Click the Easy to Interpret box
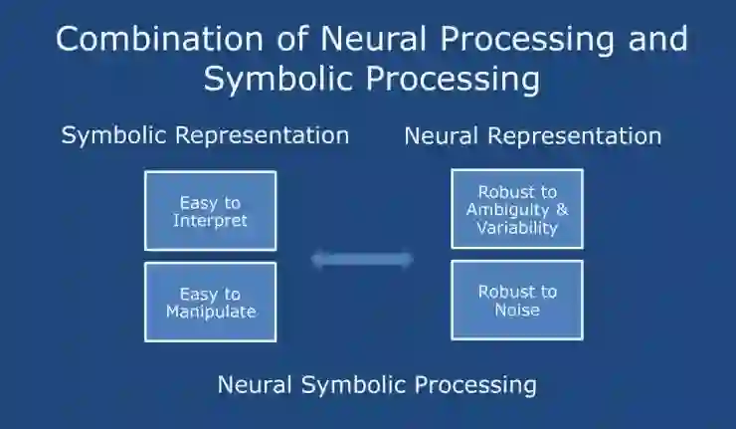[210, 211]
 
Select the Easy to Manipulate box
[210, 302]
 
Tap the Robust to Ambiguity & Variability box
[516, 209]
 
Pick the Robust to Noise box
[516, 300]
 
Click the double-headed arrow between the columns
[362, 260]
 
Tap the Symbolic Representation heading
[205, 135]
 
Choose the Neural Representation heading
[532, 135]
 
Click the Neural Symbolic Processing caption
[377, 384]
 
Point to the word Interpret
[210, 220]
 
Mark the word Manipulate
[210, 311]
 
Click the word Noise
[517, 309]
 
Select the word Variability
[517, 227]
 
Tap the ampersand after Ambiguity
[562, 209]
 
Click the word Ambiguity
[509, 209]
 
